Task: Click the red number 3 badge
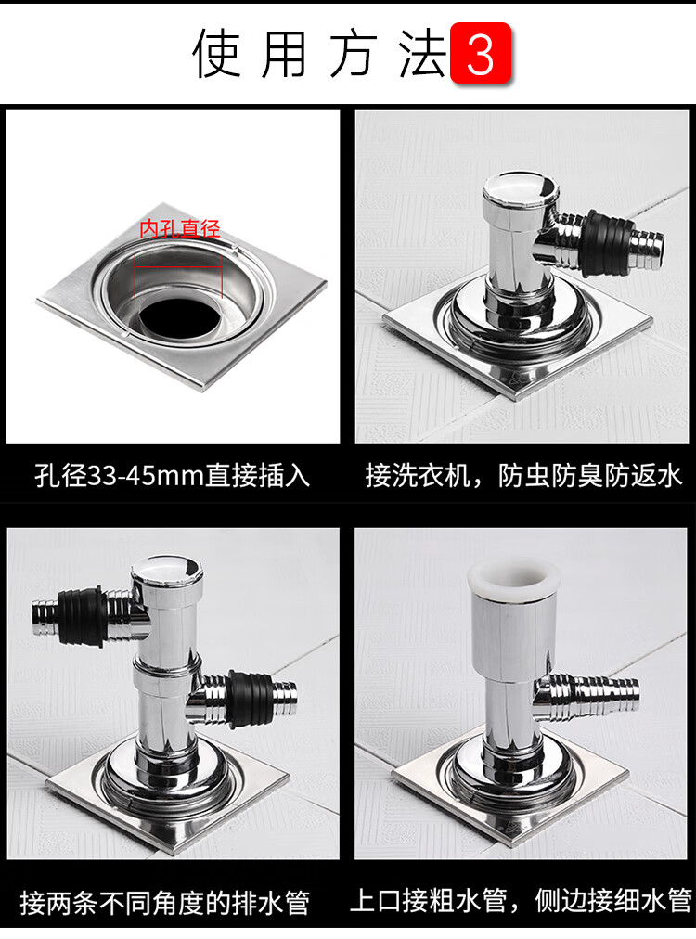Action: [481, 53]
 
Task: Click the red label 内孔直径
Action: [180, 228]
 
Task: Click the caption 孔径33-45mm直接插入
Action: [173, 476]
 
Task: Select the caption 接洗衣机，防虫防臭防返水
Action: [523, 476]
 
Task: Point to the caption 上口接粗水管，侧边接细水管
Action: [521, 901]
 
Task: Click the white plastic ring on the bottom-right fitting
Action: [513, 578]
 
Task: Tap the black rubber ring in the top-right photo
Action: [607, 242]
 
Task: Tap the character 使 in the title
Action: [217, 54]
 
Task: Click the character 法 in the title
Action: [424, 54]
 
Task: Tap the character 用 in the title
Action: [286, 54]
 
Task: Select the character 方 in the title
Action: [354, 54]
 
